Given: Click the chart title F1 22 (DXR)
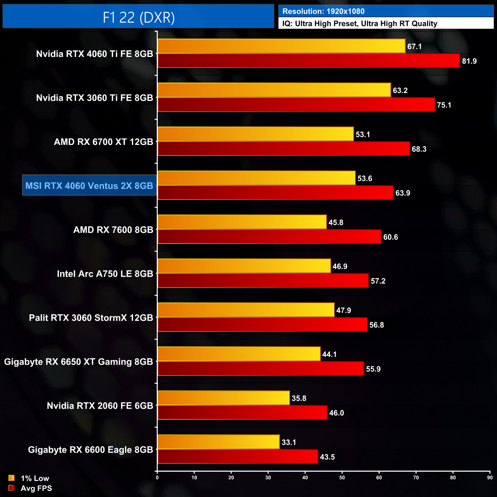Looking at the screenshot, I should [138, 17].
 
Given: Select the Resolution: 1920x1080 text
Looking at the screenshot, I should [323, 11].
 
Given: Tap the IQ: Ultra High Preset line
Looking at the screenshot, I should [359, 24].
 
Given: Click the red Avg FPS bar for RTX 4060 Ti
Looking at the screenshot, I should [308, 61].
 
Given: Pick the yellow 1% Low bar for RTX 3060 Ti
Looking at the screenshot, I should [274, 90].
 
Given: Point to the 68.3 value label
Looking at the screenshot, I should [419, 149].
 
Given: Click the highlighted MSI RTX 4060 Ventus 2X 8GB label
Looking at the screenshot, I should [89, 186].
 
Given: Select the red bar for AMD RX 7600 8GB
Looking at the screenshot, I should [269, 237].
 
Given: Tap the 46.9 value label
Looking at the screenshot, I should [340, 266].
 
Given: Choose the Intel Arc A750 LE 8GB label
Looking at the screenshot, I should [105, 274].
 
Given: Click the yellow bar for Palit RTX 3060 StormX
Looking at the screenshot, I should [246, 310].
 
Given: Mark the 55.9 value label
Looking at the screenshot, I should [373, 369].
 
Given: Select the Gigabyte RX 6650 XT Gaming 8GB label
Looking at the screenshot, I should [78, 362].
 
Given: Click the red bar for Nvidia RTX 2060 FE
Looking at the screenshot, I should [242, 413].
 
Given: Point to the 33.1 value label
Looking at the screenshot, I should [289, 442].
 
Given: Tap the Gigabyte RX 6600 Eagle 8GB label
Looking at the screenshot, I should [90, 450].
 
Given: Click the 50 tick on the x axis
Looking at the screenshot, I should [342, 478].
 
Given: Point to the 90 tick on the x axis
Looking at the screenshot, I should [490, 478].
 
